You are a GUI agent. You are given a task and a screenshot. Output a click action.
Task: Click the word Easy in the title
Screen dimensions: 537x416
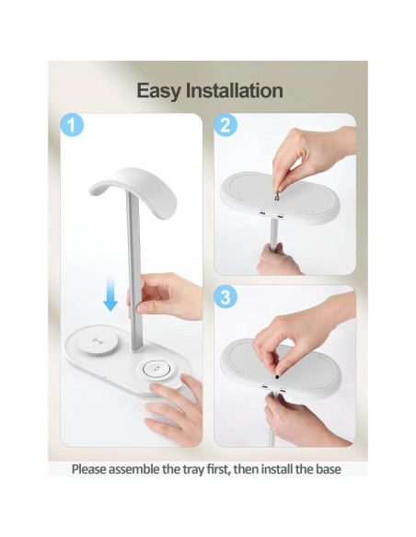162,90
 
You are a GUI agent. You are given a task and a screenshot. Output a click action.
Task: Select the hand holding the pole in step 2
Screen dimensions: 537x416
276,260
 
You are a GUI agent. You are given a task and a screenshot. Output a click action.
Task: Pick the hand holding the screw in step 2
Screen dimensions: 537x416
313,152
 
